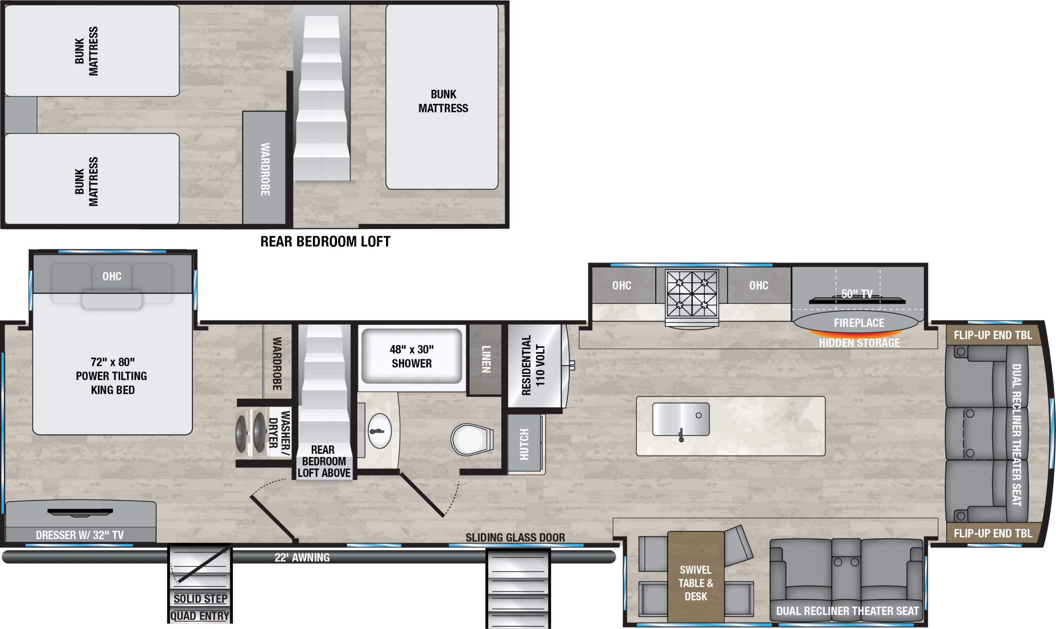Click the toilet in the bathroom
pos(471,439)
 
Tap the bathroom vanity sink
pos(379,431)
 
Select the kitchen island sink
pos(680,419)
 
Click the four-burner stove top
pos(691,293)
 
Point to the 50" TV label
pos(857,294)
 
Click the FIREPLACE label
pos(859,323)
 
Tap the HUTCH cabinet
pos(524,444)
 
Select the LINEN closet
pos(486,359)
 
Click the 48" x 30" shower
pos(411,357)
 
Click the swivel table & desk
pos(695,583)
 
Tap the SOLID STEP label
pos(200,599)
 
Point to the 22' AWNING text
pos(302,557)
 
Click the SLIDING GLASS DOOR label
pos(515,537)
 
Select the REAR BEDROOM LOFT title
pos(325,242)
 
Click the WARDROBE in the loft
pos(264,169)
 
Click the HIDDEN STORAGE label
pos(859,343)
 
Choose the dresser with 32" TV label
pos(80,535)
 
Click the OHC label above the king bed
pos(112,276)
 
